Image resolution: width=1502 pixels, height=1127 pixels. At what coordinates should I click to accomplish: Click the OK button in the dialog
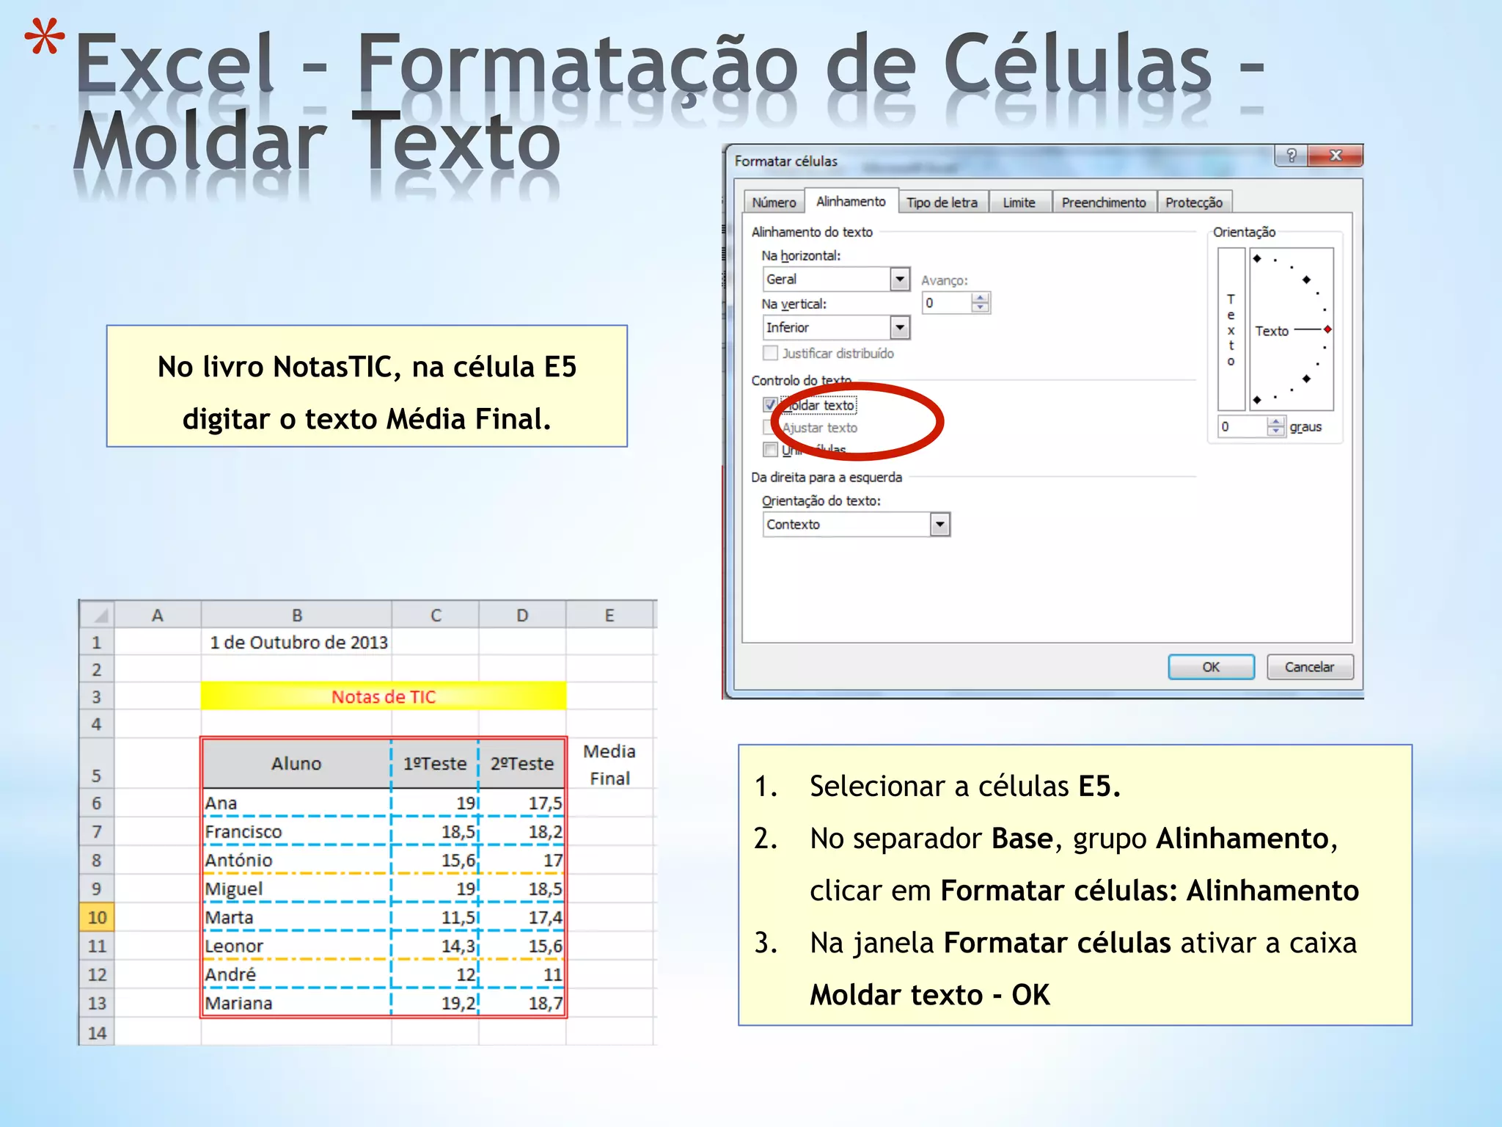[x=1210, y=667]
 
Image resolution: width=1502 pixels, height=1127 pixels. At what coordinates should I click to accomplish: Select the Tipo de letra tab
[x=942, y=203]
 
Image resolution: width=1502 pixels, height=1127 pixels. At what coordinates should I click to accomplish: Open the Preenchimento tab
[x=1103, y=203]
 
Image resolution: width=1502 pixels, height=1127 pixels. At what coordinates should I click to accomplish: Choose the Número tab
[x=774, y=203]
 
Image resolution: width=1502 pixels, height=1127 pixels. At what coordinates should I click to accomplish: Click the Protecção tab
[x=1193, y=203]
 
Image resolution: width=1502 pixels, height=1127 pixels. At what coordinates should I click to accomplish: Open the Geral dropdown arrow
[x=900, y=280]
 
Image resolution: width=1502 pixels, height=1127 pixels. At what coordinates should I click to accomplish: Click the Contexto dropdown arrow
[x=939, y=525]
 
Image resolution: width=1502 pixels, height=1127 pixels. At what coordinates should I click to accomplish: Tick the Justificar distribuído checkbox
[x=770, y=354]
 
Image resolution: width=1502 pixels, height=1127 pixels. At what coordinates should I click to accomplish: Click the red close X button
[x=1336, y=156]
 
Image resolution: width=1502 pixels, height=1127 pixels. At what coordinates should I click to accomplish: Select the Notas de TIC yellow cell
[x=383, y=696]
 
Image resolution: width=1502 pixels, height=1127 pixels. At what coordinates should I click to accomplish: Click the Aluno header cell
[x=296, y=764]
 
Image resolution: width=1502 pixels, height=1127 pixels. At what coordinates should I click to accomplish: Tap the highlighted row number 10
[x=97, y=918]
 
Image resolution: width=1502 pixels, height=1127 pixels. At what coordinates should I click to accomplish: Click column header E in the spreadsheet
[x=609, y=616]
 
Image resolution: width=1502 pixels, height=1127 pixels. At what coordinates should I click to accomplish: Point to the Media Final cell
[x=609, y=765]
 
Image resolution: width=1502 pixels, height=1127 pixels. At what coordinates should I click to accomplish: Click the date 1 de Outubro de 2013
[x=298, y=643]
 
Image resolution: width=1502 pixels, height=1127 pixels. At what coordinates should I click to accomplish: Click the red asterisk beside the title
[x=44, y=38]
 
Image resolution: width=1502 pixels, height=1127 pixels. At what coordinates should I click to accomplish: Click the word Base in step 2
[x=1022, y=839]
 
